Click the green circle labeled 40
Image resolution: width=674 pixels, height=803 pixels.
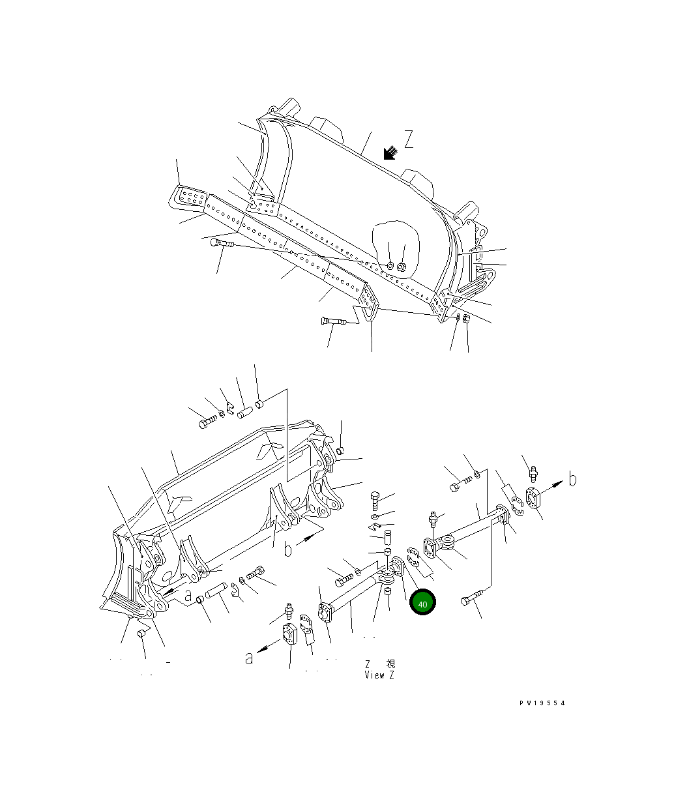tap(422, 604)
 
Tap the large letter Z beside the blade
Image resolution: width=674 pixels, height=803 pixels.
tap(409, 139)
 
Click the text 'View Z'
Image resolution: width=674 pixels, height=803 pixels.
tap(379, 675)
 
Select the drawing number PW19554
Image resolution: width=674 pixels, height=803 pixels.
tap(542, 703)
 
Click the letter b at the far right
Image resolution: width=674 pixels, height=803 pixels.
tap(572, 480)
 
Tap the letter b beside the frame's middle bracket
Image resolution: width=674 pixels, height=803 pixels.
tap(288, 551)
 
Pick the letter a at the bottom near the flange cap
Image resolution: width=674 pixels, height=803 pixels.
tap(248, 658)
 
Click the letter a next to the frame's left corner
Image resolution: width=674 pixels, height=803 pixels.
tap(188, 595)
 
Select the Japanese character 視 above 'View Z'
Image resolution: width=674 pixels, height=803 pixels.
tap(390, 664)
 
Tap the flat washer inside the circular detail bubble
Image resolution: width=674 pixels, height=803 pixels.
tap(389, 266)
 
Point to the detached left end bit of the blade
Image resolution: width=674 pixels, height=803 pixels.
tap(190, 197)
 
